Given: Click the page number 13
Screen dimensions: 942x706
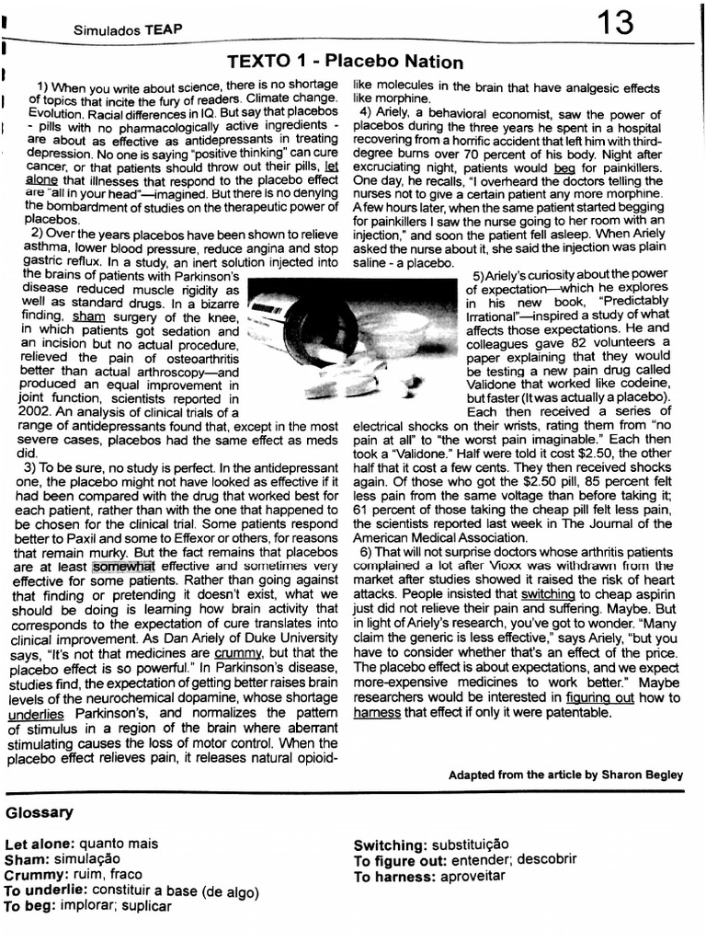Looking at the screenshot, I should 614,24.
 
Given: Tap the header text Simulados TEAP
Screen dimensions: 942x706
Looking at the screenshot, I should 128,29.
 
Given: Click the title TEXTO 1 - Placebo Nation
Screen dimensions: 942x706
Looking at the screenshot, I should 345,63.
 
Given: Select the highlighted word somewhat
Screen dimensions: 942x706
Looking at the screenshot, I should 124,567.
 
